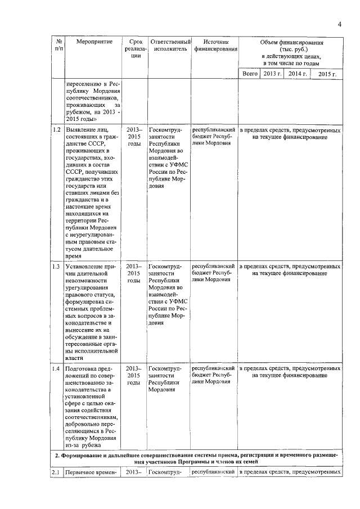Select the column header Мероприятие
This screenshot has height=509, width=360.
[91, 42]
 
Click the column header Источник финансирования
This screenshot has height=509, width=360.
[215, 46]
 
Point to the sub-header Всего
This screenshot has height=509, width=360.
[250, 74]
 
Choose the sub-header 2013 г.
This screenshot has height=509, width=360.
[272, 74]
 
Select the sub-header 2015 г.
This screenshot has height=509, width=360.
[327, 74]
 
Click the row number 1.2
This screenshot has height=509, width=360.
[56, 130]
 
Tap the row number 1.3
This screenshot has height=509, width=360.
[56, 266]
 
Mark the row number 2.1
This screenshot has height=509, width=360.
[56, 472]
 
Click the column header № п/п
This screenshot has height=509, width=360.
[58, 46]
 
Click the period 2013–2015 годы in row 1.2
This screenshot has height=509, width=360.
[133, 137]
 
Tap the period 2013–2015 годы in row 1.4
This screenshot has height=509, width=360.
[133, 375]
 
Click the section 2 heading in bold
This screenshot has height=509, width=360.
[197, 458]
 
